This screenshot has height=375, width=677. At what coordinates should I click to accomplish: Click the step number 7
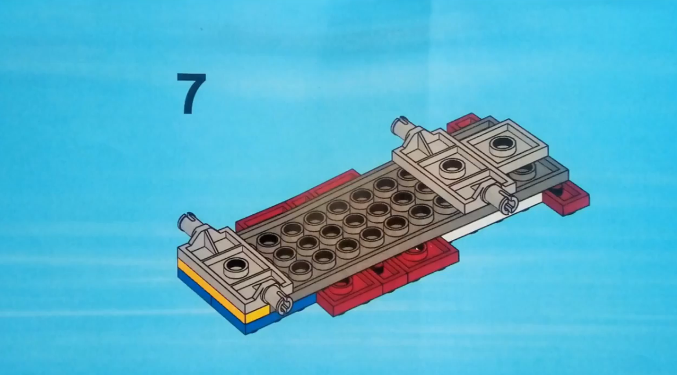click(191, 93)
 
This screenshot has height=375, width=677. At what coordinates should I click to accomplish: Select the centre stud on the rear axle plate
click(451, 168)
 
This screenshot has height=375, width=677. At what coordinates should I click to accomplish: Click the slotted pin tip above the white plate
click(508, 202)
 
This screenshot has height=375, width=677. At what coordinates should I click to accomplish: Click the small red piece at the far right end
click(566, 198)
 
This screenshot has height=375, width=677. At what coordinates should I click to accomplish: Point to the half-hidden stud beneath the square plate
click(524, 170)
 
